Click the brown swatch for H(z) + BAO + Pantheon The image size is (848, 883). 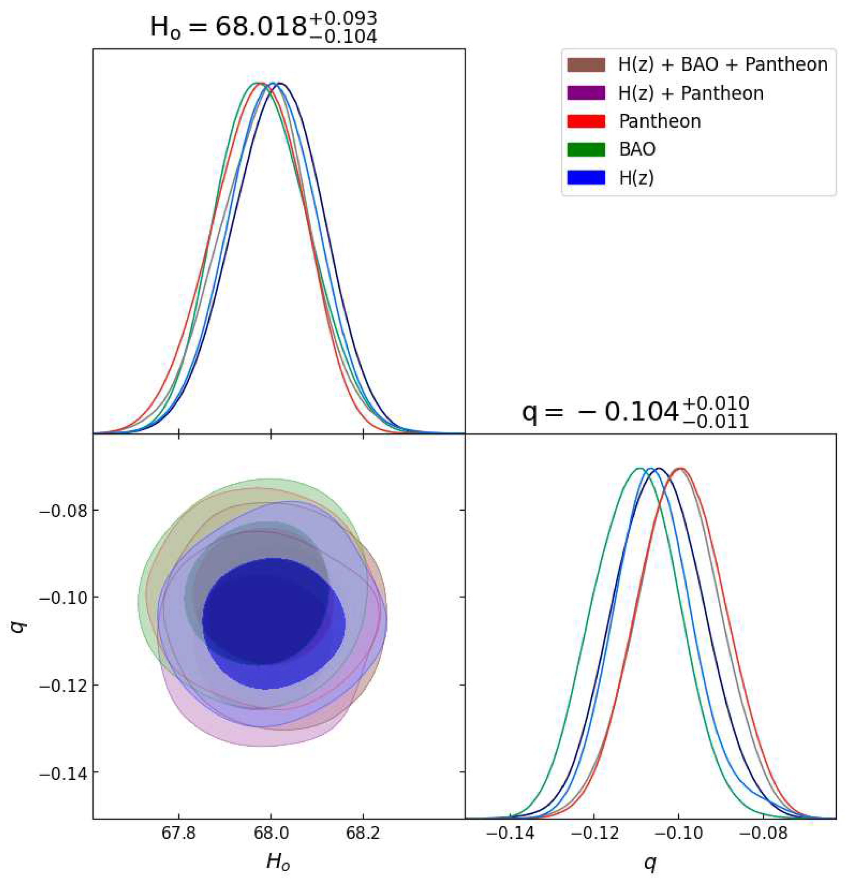pos(586,65)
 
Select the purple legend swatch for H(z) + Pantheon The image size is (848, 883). pos(586,93)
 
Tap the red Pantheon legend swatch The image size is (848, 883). pos(586,121)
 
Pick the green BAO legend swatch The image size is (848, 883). pos(586,149)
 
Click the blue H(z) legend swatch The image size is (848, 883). pos(586,178)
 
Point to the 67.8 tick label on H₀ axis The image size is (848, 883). pos(179,833)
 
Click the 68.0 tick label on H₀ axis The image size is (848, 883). pos(271,833)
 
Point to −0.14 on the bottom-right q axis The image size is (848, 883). pos(510,833)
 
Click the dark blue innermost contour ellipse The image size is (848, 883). pos(266,631)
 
